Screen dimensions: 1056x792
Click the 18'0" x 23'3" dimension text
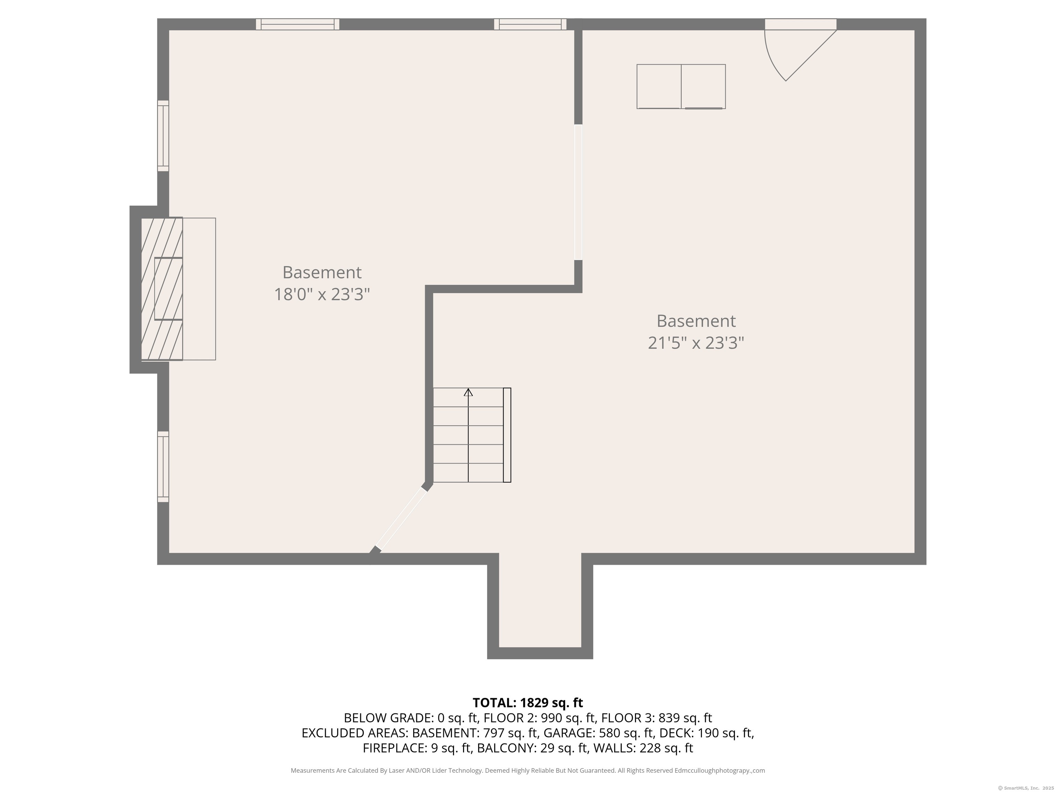pos(322,294)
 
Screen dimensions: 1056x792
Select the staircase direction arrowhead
pos(468,393)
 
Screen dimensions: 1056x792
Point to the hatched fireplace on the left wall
pos(162,289)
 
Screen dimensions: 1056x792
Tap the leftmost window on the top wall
pos(297,24)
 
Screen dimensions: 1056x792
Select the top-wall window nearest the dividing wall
pos(530,24)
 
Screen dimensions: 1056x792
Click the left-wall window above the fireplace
pos(163,135)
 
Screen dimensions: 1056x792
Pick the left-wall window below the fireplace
pos(163,466)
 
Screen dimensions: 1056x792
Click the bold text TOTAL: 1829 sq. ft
pos(528,703)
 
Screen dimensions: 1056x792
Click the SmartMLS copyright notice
pos(1026,788)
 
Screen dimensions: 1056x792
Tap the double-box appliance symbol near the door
pos(681,86)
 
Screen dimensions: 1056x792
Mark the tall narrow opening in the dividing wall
pos(578,192)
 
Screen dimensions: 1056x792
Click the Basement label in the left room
pos(322,272)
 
